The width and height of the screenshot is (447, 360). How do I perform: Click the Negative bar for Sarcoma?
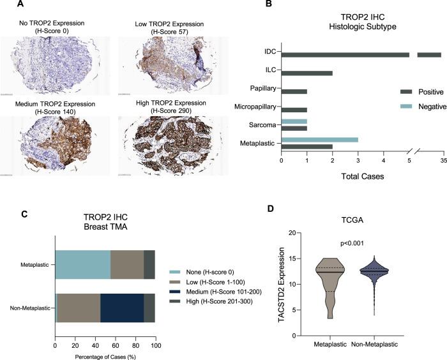[x=294, y=120]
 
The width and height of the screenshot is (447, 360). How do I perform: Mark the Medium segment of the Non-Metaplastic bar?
[x=122, y=297]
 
